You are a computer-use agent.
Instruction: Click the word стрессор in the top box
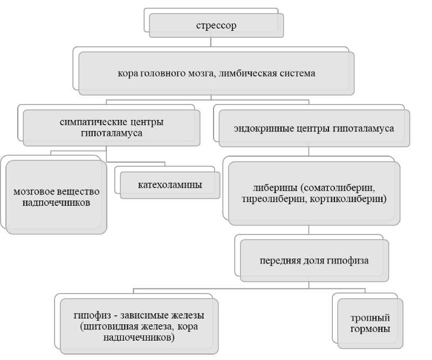pos(216,25)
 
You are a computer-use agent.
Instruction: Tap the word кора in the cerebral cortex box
pos(127,73)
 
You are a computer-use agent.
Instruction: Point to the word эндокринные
pos(264,129)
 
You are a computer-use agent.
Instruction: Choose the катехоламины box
pos(170,185)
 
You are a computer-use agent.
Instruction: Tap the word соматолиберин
pos(339,189)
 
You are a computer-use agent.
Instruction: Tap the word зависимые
pos(145,316)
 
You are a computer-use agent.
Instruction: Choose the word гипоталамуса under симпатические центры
pos(112,133)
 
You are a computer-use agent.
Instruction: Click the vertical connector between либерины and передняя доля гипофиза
pos(308,230)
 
